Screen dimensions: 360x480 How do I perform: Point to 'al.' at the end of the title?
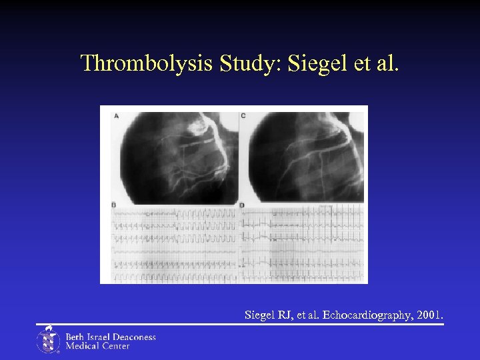(x=387, y=63)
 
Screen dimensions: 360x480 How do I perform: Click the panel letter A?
(x=117, y=115)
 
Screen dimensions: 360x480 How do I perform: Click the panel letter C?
(x=243, y=115)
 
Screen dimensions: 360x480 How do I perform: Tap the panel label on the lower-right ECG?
(x=242, y=204)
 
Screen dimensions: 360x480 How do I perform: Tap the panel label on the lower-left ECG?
(x=114, y=204)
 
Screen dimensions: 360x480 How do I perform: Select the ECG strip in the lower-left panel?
(x=173, y=245)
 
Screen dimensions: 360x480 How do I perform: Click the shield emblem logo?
(x=48, y=340)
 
